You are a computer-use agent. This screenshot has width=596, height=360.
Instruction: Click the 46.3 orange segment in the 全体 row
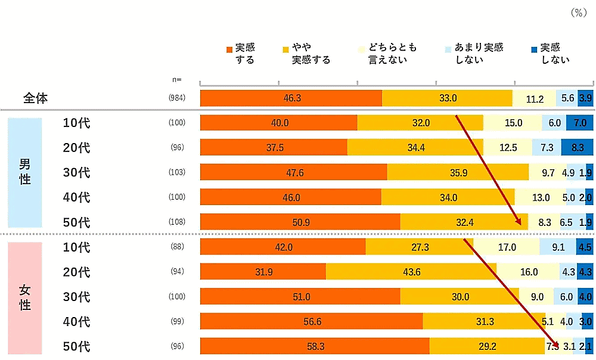(x=291, y=98)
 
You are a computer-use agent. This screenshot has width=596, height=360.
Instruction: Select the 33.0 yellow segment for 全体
(x=447, y=98)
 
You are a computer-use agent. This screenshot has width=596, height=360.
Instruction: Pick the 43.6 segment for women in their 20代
(x=411, y=272)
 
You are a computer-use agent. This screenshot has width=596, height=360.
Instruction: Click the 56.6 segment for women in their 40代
(x=311, y=321)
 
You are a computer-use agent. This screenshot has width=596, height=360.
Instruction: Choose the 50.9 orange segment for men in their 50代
(x=300, y=222)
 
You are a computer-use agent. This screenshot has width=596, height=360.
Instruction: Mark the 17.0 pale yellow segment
(x=507, y=247)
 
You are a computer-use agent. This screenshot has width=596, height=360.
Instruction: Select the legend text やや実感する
(x=310, y=54)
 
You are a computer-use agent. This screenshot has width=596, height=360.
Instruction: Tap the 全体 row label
(x=36, y=98)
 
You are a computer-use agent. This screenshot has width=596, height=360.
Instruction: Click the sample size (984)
(x=177, y=98)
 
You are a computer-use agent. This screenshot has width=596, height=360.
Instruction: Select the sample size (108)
(x=177, y=222)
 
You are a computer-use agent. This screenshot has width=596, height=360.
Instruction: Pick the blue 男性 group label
(x=25, y=172)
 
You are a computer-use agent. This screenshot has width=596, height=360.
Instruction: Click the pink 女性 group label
(x=25, y=297)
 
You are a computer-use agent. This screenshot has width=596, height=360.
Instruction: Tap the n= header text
(x=176, y=79)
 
